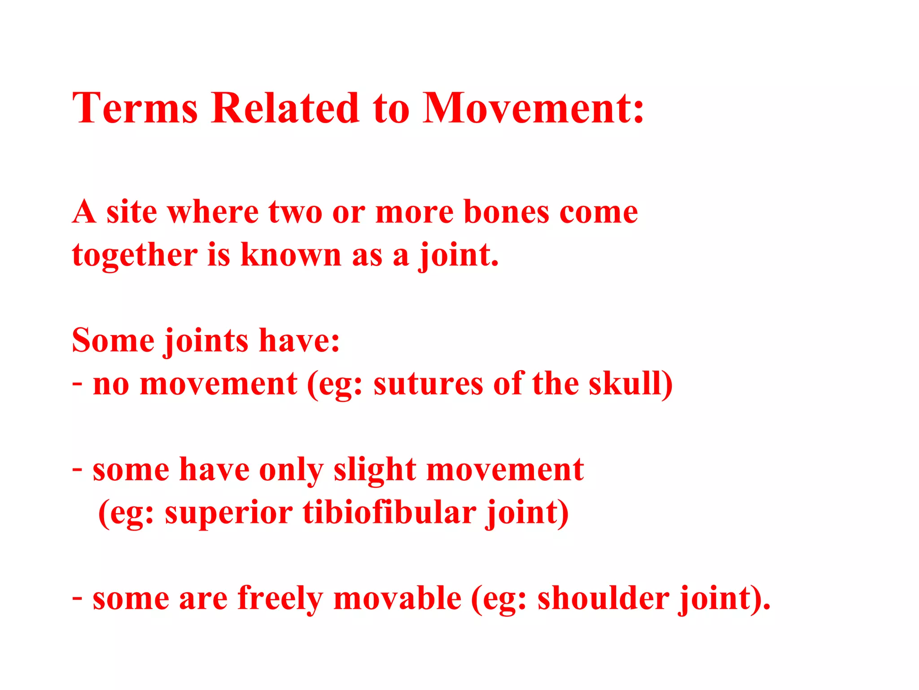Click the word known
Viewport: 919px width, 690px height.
coord(291,255)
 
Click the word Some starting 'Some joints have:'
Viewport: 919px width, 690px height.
coord(113,341)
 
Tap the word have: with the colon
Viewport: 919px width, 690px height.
coord(299,341)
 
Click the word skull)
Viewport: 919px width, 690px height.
coord(630,384)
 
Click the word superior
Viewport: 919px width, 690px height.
coord(228,513)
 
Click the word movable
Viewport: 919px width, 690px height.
coord(397,598)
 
